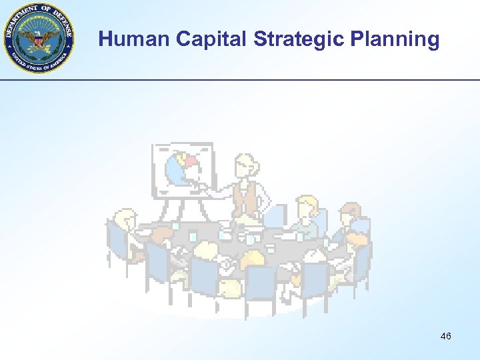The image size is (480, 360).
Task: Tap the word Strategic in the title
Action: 298,39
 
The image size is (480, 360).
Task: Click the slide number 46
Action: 445,336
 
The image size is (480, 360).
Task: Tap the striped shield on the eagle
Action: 40,41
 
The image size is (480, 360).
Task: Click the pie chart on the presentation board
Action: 184,168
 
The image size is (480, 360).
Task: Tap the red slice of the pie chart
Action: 191,162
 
